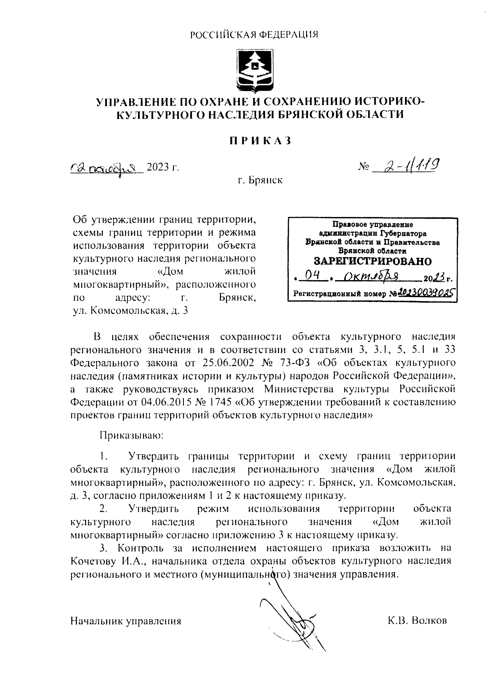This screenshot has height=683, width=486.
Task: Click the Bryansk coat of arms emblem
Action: pyautogui.click(x=255, y=70)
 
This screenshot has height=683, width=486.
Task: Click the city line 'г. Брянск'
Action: pyautogui.click(x=260, y=180)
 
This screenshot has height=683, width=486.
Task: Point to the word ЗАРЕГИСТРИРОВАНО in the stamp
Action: pyautogui.click(x=373, y=261)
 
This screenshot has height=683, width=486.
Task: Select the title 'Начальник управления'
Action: pyautogui.click(x=126, y=621)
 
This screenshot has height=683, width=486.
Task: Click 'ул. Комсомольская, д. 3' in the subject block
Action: pyautogui.click(x=130, y=311)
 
